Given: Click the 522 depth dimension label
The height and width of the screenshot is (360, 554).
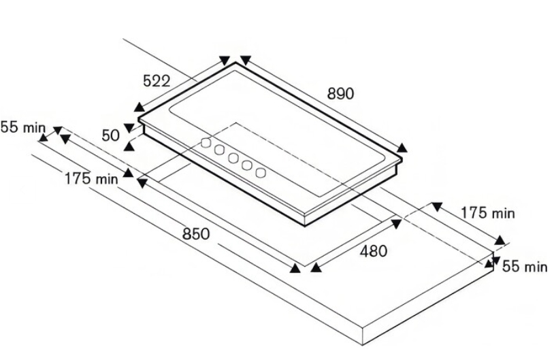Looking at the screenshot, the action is pos(157,81).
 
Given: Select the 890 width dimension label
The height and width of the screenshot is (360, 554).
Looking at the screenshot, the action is pos(340,94).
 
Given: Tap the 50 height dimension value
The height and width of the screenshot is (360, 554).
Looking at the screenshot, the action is pos(111,135).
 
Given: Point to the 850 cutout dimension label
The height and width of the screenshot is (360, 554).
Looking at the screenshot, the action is pos(196,234).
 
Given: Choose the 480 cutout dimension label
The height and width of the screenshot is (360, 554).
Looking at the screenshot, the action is pos(374,251).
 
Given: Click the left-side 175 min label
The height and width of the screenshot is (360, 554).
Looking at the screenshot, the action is pos(91,178).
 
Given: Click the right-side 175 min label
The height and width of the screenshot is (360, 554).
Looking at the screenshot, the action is pos(488,213).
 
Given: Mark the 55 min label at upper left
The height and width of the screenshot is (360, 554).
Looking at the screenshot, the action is pos(23,127).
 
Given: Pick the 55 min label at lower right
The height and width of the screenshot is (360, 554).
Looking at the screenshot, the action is pos(525,266).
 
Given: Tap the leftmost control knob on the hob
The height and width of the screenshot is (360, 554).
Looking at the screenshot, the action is pos(206,143).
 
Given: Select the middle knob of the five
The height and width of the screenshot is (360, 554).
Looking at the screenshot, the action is pos(233,158).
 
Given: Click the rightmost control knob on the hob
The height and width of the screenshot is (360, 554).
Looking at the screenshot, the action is pos(261,173).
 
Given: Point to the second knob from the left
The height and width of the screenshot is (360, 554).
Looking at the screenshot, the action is pos(219,150).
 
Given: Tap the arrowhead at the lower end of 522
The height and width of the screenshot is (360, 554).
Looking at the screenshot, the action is pos(140,107).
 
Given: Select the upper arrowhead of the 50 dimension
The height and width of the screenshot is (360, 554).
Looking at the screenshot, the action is pos(129,127).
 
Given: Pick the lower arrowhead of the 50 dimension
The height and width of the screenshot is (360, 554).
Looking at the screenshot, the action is pos(129,146).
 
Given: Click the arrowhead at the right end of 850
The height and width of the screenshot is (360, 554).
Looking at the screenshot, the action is pos(295,268).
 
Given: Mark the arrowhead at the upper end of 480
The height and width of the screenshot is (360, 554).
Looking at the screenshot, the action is pos(396,223).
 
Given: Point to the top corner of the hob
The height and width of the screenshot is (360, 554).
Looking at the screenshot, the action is pos(235,63).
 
